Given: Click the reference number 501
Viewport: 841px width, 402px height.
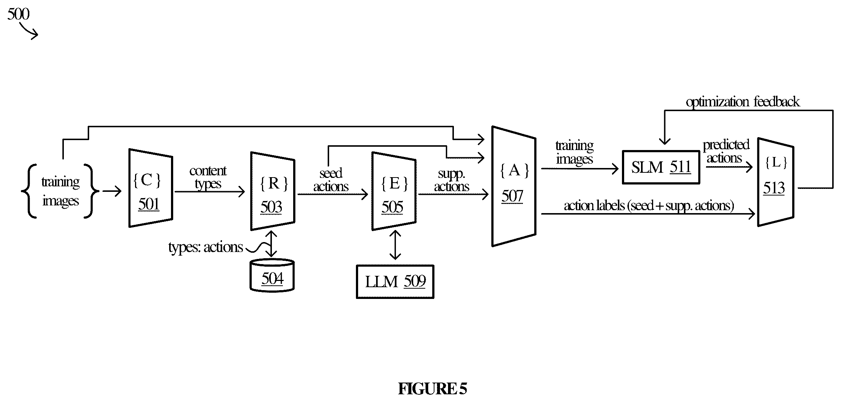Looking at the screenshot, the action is coord(149,204).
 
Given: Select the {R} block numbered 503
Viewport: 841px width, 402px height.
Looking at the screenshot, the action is coord(273,191).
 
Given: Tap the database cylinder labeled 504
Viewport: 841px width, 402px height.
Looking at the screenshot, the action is coord(272,275).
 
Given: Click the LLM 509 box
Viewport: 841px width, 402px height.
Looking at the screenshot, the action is coord(395,282).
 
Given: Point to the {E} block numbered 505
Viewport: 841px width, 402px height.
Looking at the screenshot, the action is coord(394,191).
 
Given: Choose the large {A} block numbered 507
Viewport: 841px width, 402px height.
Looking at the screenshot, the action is coord(514,186).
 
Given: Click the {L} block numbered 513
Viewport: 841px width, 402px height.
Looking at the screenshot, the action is coord(776,182).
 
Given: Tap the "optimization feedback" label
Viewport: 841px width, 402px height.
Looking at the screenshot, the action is coord(743,102).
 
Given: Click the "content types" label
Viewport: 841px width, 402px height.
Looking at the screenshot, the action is coord(208,177).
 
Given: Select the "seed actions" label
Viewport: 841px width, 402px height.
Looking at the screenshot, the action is coord(331,180).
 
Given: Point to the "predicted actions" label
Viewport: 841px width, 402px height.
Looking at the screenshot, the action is coord(726,151).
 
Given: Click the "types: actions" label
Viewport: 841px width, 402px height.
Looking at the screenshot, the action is coord(205,247).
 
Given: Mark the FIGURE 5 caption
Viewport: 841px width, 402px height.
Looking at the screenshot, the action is coord(432,389).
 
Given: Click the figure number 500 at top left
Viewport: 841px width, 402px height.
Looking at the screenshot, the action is coord(18,14).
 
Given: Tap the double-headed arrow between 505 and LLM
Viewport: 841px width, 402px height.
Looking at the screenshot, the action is coord(395,245).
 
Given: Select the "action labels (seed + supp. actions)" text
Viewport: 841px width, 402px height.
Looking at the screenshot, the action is coord(649,206).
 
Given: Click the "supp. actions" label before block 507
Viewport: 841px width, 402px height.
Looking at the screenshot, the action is coord(452,180).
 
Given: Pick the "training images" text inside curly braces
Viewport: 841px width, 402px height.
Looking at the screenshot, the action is coord(61,191).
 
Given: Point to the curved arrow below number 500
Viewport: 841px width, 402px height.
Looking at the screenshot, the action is coord(29,31).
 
